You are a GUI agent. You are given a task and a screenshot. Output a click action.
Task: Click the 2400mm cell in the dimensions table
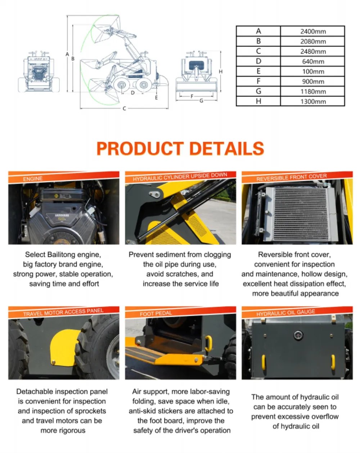coord(312,31)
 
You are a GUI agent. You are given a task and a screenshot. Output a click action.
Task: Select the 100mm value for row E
coord(312,71)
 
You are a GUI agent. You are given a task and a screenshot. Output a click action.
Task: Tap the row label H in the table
coord(258,101)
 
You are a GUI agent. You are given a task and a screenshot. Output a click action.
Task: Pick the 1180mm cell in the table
coord(312,91)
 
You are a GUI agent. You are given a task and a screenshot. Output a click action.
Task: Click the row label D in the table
coord(258,61)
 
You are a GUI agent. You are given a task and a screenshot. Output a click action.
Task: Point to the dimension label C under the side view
coord(124,108)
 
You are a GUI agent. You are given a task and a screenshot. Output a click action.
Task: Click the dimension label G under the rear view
coord(201,100)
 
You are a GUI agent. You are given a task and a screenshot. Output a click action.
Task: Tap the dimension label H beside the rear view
coord(220,72)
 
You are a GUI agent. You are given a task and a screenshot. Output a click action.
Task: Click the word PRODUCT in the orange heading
coord(140,148)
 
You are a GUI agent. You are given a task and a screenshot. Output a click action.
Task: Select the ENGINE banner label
coord(33,179)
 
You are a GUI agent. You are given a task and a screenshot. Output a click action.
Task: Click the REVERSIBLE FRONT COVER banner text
coord(291,177)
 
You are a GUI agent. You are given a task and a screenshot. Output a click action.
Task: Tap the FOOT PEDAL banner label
coord(156,313)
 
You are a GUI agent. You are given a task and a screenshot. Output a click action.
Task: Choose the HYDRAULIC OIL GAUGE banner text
coord(285,313)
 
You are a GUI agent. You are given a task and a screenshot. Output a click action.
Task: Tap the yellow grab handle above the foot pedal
coord(208,343)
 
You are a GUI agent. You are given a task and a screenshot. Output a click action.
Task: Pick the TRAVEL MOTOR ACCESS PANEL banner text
coord(63,313)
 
